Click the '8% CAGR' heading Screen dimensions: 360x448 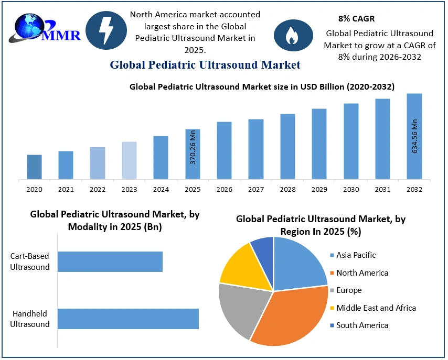[x=356, y=18]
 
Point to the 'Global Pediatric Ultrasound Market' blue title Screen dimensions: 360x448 [x=205, y=65]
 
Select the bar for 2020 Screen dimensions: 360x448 [x=35, y=167]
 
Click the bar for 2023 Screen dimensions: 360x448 [x=129, y=160]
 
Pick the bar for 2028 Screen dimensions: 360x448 [x=287, y=146]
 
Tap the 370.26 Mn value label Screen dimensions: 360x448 [x=193, y=152]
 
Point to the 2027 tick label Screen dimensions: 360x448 [x=256, y=189]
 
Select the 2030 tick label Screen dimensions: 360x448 [x=351, y=189]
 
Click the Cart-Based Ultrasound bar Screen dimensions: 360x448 [x=110, y=261]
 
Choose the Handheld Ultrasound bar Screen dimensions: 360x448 [x=128, y=319]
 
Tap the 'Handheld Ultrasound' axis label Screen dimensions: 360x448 [x=30, y=319]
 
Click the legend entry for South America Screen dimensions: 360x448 [x=362, y=325]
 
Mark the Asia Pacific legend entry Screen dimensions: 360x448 [x=356, y=255]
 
